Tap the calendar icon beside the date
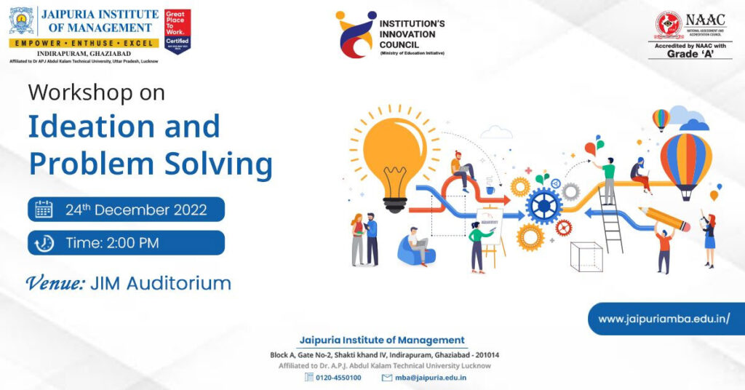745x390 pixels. click(x=44, y=210)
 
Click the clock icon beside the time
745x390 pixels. click(x=44, y=243)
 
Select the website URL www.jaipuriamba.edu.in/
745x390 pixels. click(x=664, y=319)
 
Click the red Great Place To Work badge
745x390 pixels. click(x=178, y=30)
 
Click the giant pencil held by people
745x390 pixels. click(x=664, y=219)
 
